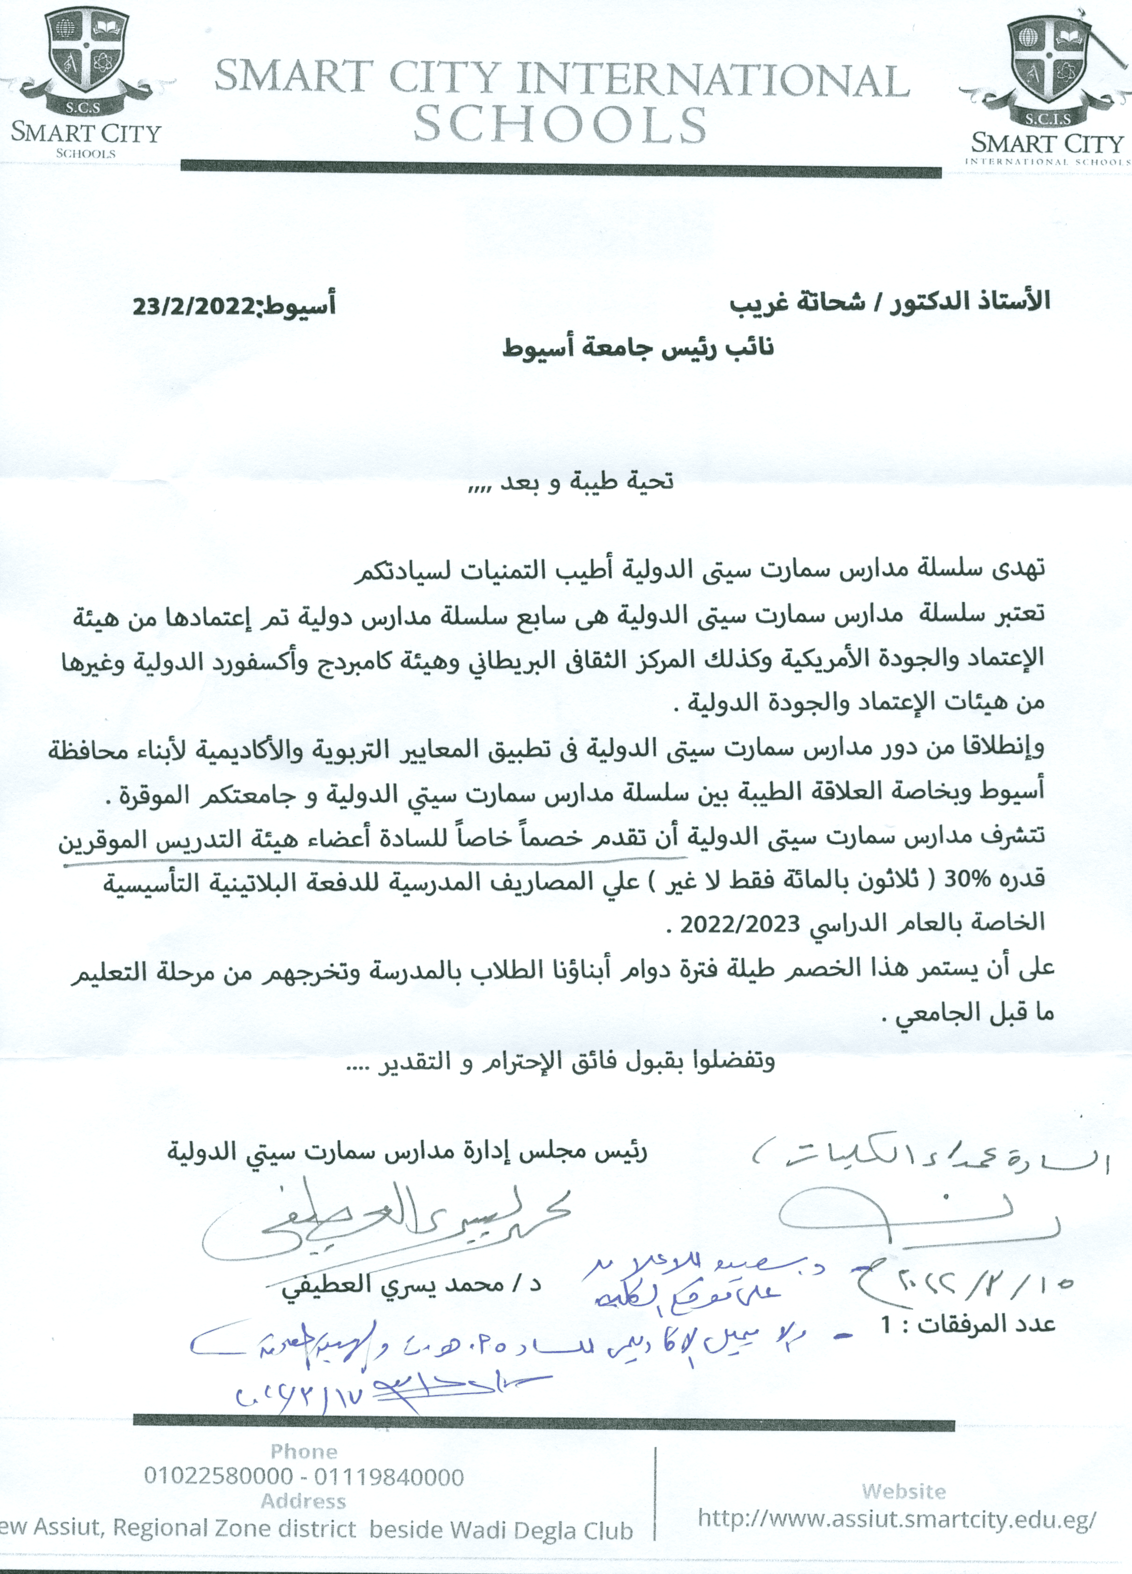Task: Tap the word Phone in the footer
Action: click(303, 1451)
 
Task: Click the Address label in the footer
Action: click(303, 1501)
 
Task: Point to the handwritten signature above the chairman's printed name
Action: click(385, 1227)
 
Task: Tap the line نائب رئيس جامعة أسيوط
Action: click(638, 347)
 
